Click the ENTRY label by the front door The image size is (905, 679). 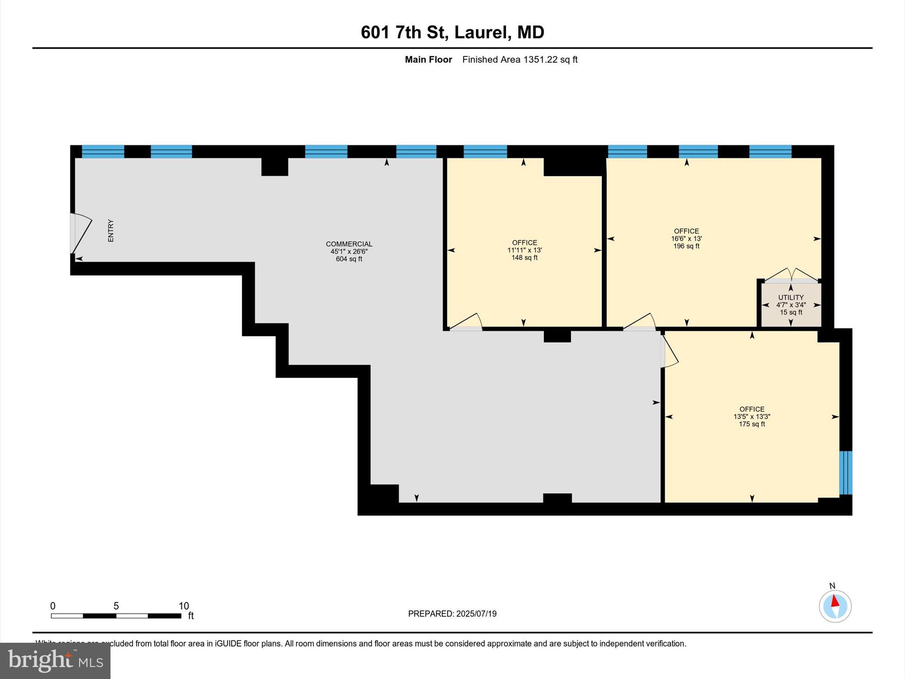coord(111,231)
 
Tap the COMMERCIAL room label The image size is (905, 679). coord(349,244)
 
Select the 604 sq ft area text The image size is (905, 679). coord(349,259)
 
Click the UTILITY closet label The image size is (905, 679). coord(791,298)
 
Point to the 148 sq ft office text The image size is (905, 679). coord(525,258)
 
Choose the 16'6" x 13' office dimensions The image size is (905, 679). coord(686,239)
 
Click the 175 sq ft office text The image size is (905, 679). coord(752,424)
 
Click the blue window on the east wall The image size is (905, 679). coord(845,473)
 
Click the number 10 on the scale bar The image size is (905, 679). coord(184,606)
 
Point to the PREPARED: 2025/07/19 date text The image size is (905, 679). coord(452,614)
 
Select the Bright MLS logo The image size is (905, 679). coord(55,660)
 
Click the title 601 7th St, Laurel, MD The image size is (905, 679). coord(452,32)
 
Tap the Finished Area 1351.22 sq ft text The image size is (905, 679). coord(520,60)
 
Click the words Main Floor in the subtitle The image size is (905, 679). coord(428,60)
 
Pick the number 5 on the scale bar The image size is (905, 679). coord(116,606)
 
